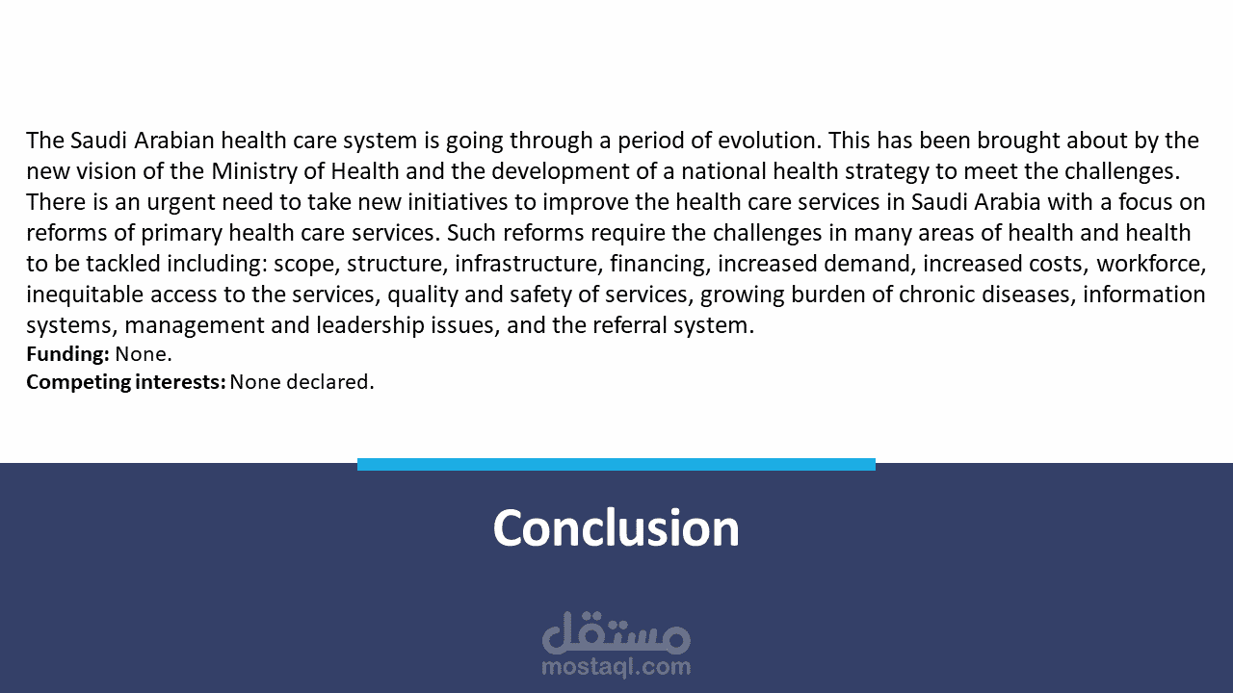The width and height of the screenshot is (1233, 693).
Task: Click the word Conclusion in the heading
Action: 616,527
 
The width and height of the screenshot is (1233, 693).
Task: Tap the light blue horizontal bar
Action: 616,464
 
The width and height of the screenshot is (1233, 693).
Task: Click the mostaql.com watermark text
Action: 616,667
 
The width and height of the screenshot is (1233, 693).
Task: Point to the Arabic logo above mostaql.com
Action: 616,632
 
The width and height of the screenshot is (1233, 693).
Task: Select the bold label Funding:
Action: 67,354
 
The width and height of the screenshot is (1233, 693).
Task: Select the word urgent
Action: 180,202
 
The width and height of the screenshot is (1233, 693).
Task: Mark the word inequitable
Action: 85,295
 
